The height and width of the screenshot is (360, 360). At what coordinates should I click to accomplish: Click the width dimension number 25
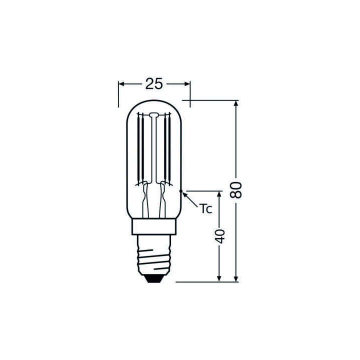tap(154, 84)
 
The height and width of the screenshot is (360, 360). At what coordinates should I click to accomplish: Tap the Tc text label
tap(206, 208)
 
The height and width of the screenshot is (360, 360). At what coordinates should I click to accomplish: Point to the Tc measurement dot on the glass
tap(181, 191)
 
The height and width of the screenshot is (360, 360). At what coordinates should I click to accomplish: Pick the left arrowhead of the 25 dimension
tap(121, 84)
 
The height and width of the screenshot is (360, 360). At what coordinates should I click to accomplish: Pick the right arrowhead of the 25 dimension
tap(187, 84)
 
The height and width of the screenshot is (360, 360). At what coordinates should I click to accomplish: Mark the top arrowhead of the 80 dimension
tap(236, 103)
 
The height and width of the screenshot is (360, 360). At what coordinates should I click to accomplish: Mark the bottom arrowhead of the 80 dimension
tap(236, 278)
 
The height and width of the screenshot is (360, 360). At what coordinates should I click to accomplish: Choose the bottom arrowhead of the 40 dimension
tap(219, 278)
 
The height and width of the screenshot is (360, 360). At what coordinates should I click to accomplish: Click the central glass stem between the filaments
tap(154, 150)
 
